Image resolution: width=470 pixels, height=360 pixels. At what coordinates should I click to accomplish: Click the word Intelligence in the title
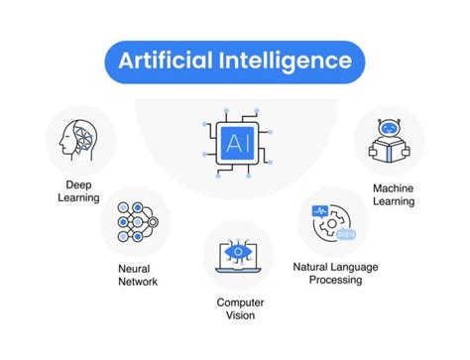pos(292,61)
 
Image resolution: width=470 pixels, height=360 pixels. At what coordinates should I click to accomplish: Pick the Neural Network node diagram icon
pos(136,223)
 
